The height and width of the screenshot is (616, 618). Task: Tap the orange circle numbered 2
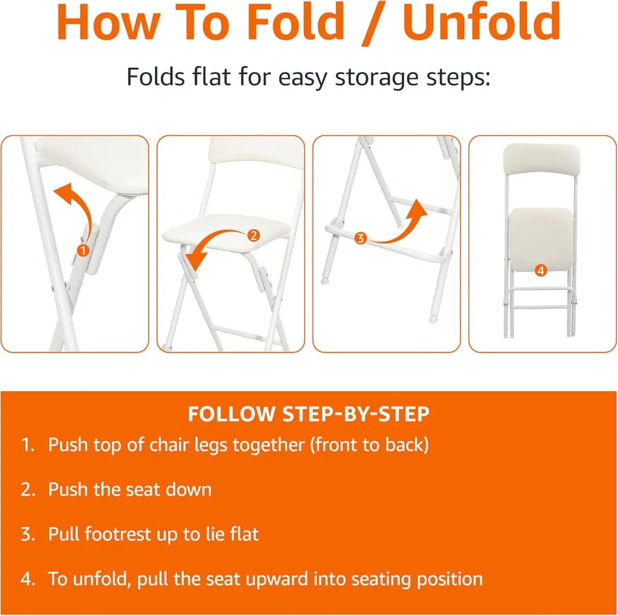tap(253, 236)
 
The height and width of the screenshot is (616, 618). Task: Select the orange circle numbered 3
tap(360, 238)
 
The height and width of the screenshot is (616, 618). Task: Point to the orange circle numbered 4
tap(540, 270)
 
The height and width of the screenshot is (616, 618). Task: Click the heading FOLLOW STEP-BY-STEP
tap(308, 414)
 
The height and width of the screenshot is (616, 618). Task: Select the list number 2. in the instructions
tap(28, 489)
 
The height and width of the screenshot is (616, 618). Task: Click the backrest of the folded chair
tap(542, 160)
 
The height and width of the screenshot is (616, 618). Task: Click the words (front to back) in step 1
tap(369, 445)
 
